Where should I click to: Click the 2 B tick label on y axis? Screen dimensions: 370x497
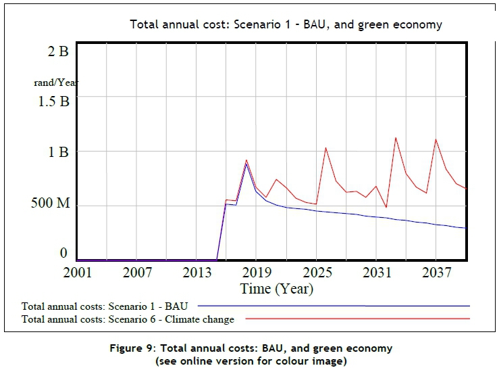[x=57, y=51]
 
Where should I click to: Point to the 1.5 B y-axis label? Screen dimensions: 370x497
[x=51, y=101]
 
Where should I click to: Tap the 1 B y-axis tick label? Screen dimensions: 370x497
[x=57, y=152]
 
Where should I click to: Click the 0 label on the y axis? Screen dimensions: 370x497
[x=64, y=253]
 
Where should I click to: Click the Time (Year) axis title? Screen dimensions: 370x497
[x=277, y=289]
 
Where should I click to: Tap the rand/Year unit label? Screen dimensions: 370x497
[x=57, y=83]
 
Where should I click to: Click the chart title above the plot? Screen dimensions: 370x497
[x=286, y=25]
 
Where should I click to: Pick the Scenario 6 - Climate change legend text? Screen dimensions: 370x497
[x=128, y=319]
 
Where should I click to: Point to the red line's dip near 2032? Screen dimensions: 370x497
[x=386, y=208]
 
